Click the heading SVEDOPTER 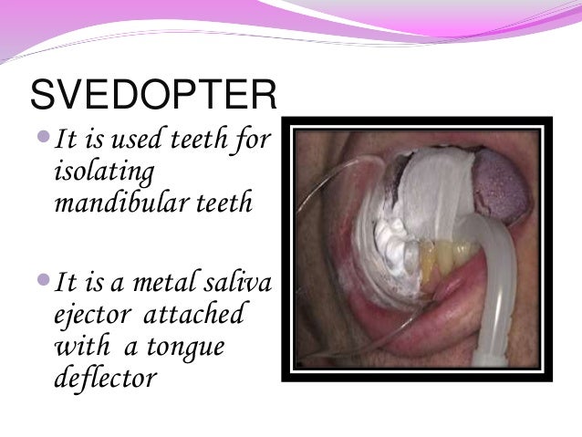pyautogui.click(x=152, y=94)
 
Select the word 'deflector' pyautogui.click(x=106, y=374)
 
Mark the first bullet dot pyautogui.click(x=46, y=140)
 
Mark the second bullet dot pyautogui.click(x=46, y=286)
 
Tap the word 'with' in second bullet pyautogui.click(x=78, y=345)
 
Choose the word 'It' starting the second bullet pyautogui.click(x=67, y=287)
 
